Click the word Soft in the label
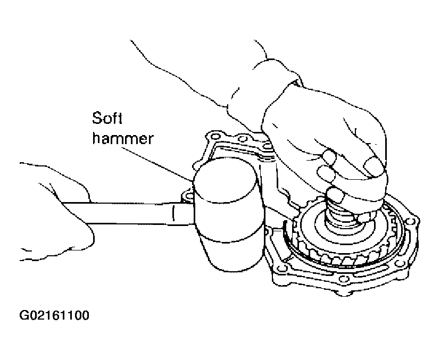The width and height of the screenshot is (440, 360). tap(107, 118)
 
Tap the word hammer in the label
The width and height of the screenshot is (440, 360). tap(123, 138)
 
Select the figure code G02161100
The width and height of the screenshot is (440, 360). tap(54, 315)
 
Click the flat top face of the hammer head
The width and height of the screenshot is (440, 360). tap(225, 179)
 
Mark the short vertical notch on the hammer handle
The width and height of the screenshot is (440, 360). tap(173, 214)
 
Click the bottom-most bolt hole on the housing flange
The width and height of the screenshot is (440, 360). tap(342, 279)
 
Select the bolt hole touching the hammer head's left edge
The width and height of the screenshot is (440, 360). tap(188, 195)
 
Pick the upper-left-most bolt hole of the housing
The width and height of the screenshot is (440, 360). tap(215, 137)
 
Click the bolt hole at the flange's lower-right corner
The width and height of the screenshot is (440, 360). tap(400, 263)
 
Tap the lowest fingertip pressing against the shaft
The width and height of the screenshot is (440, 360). tap(335, 194)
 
